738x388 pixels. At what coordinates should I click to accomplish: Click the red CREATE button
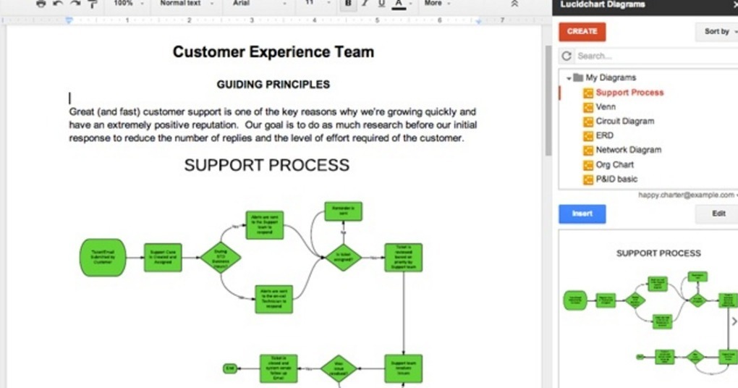click(582, 32)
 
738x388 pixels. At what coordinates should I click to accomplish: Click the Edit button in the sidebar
click(718, 214)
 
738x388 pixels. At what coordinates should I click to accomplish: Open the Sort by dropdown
click(719, 32)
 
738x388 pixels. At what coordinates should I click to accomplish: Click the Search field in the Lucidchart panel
click(651, 56)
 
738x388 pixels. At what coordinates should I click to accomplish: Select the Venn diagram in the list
click(606, 107)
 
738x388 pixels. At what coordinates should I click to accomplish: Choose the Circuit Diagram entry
click(624, 122)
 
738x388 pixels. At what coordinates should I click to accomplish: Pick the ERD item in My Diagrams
click(604, 135)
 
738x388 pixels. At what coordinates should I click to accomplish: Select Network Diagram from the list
click(628, 150)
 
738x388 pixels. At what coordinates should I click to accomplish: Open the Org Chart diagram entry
click(614, 164)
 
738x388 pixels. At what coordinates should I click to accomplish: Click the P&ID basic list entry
click(616, 179)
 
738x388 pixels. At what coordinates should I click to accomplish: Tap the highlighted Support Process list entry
click(629, 93)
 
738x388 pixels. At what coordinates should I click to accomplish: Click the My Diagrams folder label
click(611, 77)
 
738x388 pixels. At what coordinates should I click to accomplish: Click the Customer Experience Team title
click(273, 52)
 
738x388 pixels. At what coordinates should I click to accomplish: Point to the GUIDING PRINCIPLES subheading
click(273, 85)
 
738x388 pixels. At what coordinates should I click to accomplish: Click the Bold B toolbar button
click(348, 4)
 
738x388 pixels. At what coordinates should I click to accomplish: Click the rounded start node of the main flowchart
click(102, 257)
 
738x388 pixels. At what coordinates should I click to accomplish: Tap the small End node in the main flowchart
click(230, 368)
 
